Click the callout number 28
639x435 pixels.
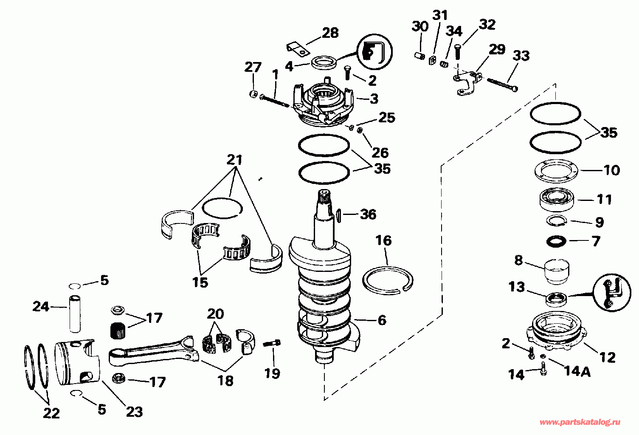coord(330,33)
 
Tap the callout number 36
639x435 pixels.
coord(368,214)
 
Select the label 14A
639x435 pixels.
coord(577,372)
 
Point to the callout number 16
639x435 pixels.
coord(383,240)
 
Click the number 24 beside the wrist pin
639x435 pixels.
coord(41,306)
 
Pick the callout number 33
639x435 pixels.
coord(521,56)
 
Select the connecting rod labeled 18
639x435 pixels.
coord(153,352)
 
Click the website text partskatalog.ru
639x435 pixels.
coord(580,422)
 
